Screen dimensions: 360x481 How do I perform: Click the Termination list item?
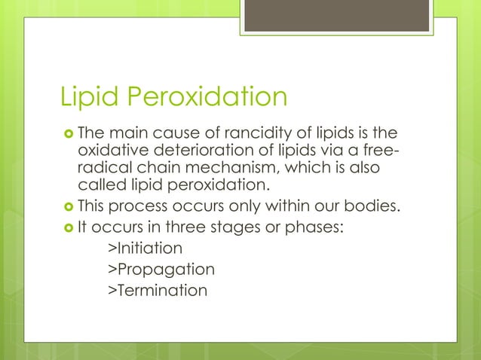tap(157, 289)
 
